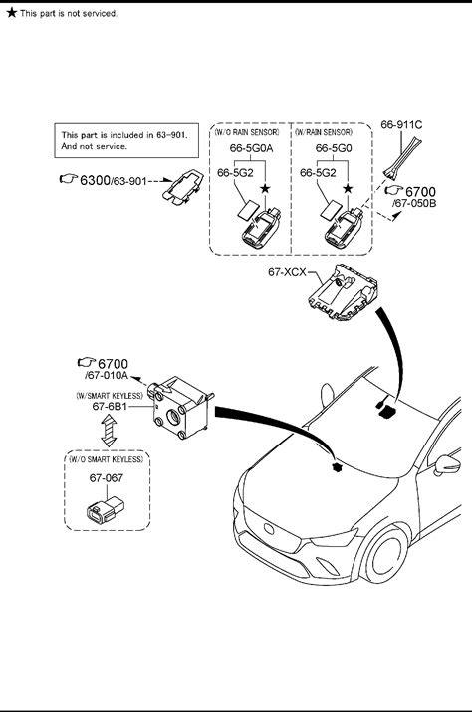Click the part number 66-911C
click(x=401, y=124)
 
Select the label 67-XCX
click(x=287, y=272)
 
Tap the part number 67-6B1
click(x=110, y=406)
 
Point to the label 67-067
click(x=106, y=477)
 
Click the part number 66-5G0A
click(x=252, y=148)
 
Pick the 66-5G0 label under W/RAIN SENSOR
click(x=334, y=148)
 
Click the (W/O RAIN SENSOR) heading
click(x=247, y=132)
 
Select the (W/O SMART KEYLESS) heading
click(x=106, y=459)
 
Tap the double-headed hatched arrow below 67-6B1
click(x=109, y=430)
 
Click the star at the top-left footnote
click(x=11, y=12)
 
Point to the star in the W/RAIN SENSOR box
click(x=348, y=189)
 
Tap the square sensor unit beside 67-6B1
click(x=182, y=408)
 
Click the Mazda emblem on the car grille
click(x=269, y=529)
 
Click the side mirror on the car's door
click(x=448, y=464)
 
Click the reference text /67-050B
click(x=414, y=203)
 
